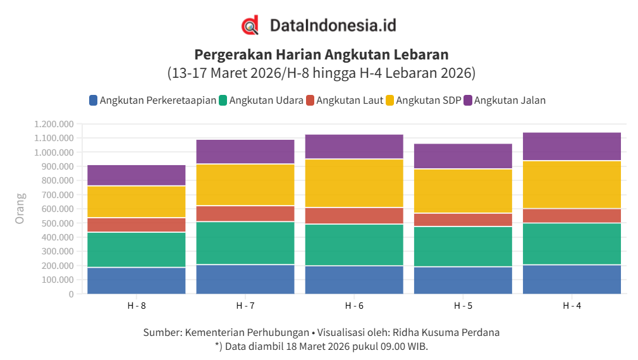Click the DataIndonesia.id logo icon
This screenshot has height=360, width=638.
[250, 25]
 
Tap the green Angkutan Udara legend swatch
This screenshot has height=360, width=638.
[223, 100]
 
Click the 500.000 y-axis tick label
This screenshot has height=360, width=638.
[53, 223]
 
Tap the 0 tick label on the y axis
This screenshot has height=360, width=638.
[70, 294]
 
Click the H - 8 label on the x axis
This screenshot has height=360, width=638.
[136, 306]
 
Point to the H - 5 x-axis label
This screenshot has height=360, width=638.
[463, 306]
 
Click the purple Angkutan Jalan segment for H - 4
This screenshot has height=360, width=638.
[572, 146]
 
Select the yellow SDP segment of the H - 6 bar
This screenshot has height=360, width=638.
[354, 183]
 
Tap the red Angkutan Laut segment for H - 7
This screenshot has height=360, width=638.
[245, 213]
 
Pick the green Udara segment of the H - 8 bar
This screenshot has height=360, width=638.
[136, 249]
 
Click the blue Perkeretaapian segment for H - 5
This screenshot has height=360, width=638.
[463, 280]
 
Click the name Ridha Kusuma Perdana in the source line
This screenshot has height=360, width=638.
[446, 332]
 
